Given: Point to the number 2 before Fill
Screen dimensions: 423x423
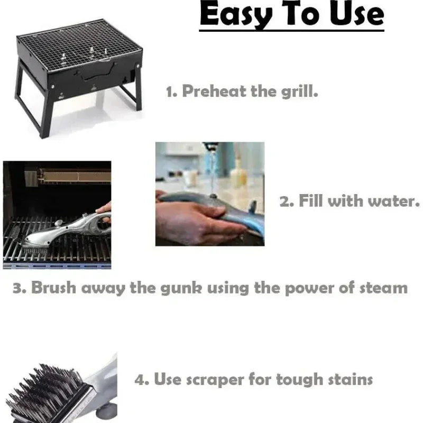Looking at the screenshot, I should tap(284, 201).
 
